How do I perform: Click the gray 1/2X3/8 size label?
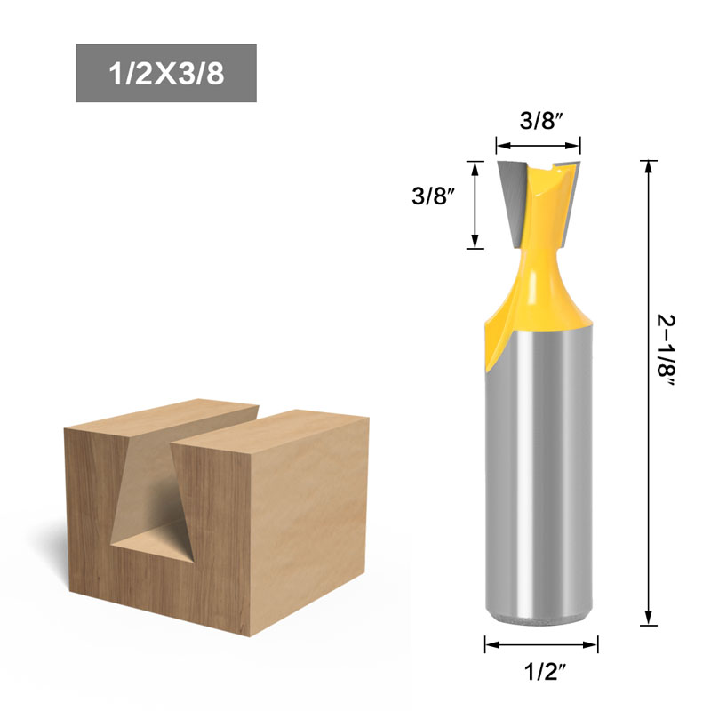(166, 73)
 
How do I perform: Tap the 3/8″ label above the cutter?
(538, 123)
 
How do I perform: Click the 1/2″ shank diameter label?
(541, 673)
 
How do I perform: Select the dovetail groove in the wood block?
(151, 498)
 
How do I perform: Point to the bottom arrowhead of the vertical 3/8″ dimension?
(475, 241)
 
